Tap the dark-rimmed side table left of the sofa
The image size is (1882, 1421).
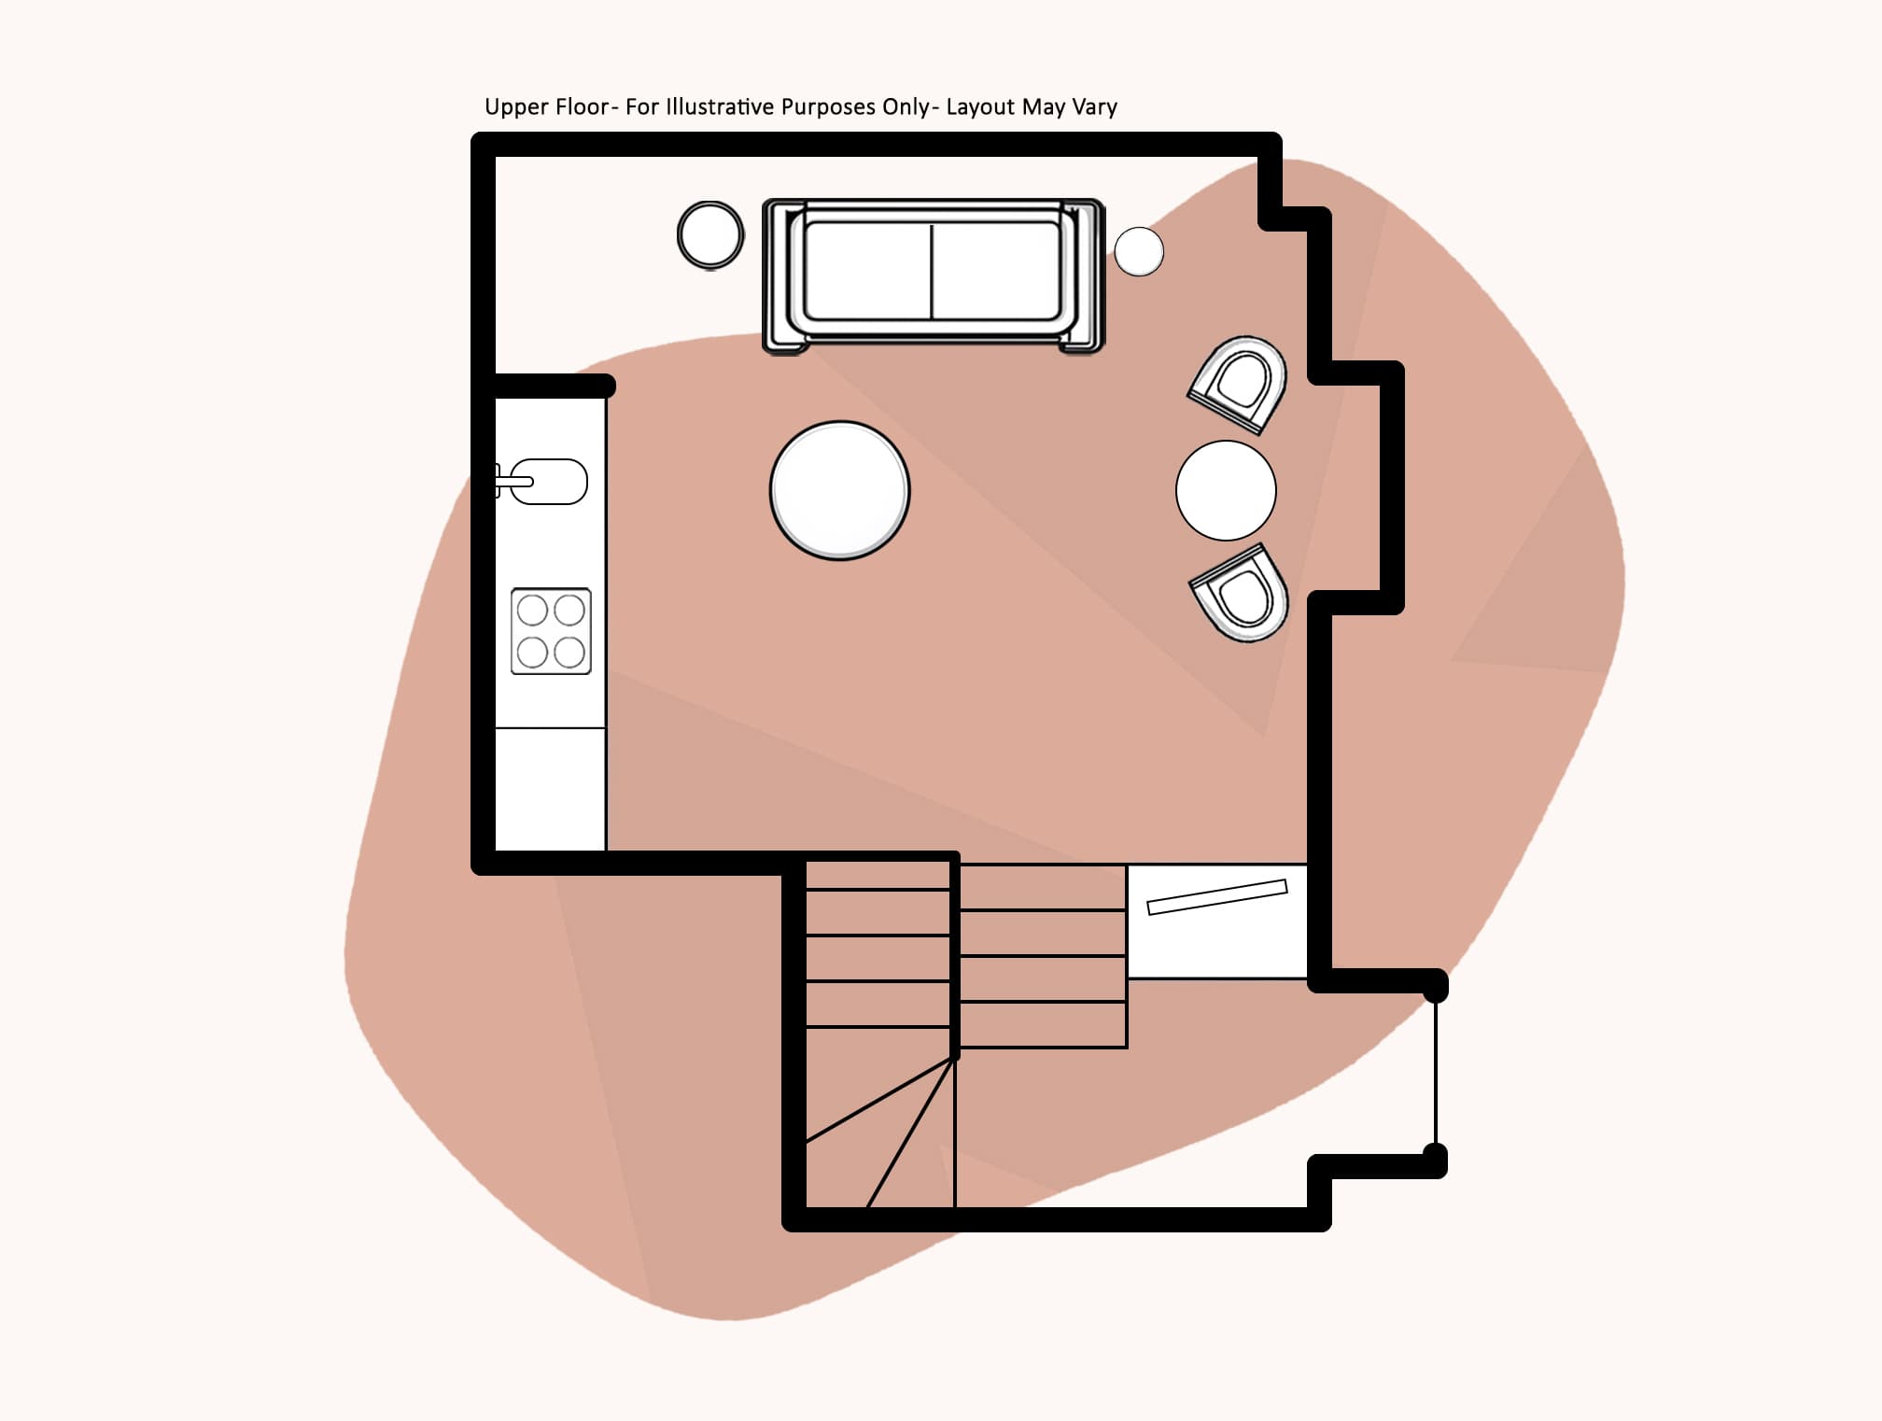(710, 234)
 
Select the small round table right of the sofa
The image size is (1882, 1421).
(1139, 251)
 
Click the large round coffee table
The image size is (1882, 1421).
(839, 490)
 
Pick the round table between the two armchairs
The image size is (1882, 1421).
(1226, 490)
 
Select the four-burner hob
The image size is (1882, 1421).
(551, 631)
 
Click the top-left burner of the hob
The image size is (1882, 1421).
(532, 611)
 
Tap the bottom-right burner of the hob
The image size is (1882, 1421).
(569, 652)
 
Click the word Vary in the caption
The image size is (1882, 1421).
(1094, 108)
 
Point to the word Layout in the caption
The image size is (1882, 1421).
(980, 108)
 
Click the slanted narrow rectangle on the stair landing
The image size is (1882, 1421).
(1216, 896)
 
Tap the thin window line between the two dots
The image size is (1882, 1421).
(1436, 1074)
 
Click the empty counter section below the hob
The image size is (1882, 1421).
(550, 789)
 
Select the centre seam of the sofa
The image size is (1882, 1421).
(932, 272)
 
